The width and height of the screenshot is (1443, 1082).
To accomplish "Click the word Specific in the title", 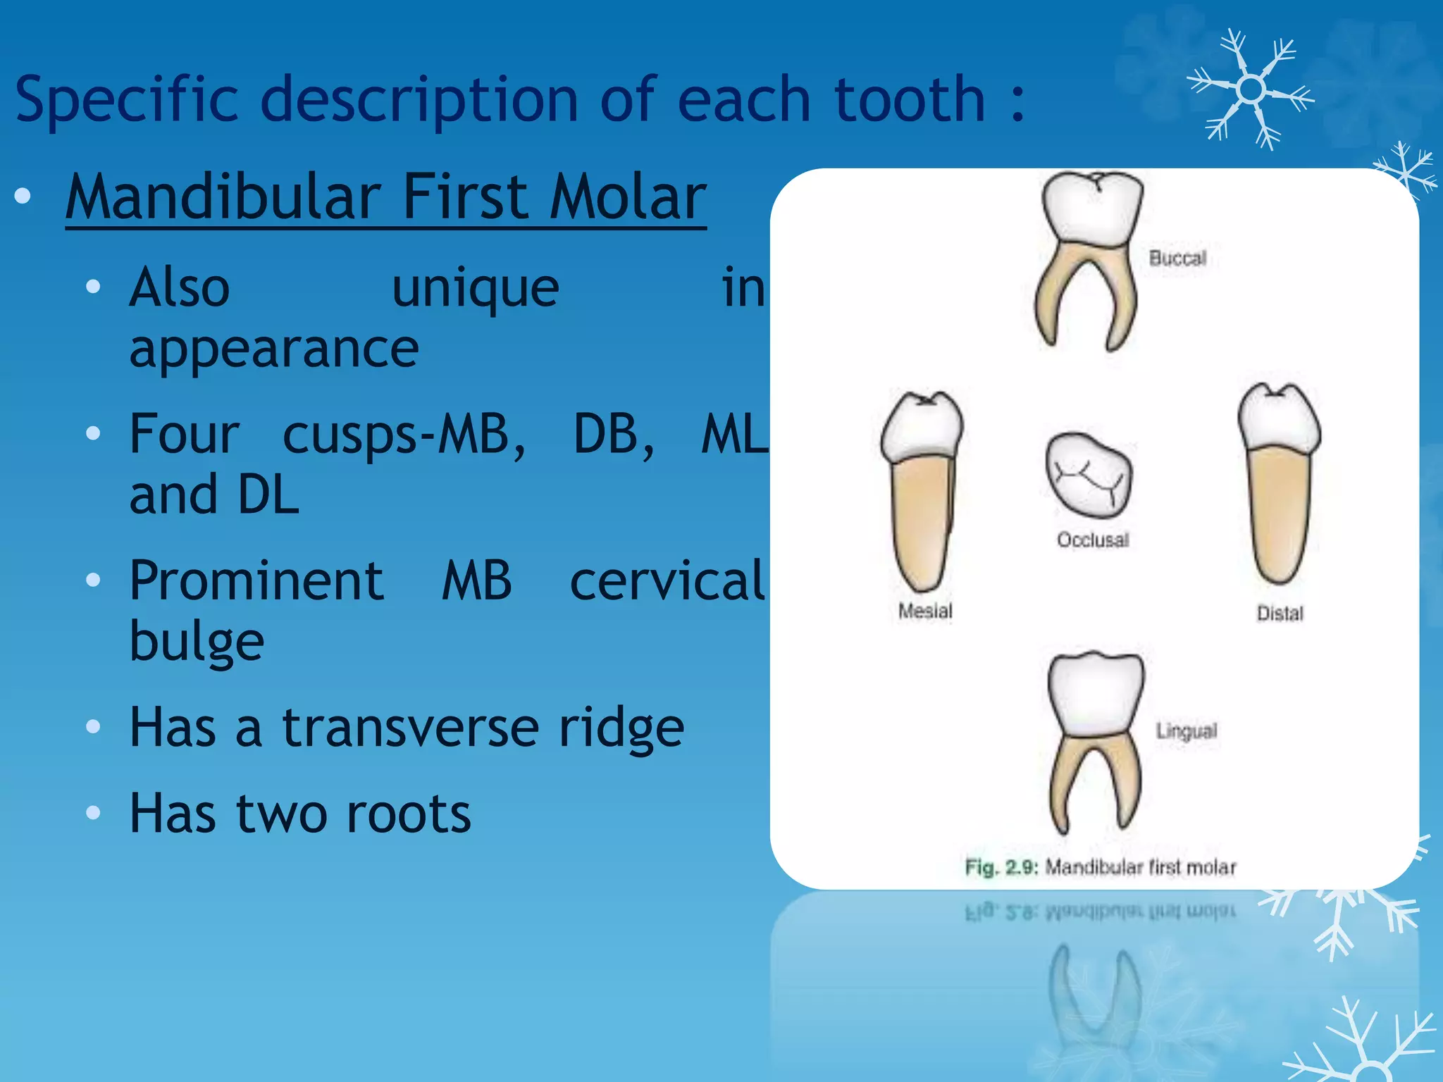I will tap(127, 101).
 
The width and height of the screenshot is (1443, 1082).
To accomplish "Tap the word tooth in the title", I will tap(909, 99).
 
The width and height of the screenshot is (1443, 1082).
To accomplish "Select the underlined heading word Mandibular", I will tap(223, 198).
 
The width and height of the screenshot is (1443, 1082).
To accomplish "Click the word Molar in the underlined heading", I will tap(628, 198).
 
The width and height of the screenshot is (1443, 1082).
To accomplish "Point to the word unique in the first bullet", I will tap(476, 288).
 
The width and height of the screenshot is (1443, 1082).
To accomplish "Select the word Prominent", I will tap(256, 581).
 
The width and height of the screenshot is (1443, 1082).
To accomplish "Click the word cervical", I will tap(667, 581).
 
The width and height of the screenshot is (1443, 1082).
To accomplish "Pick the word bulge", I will tap(197, 642).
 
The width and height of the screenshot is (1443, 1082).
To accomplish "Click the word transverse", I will tap(411, 728).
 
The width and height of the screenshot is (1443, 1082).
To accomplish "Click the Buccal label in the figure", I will tap(1177, 259).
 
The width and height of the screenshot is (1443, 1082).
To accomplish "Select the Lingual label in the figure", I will tap(1187, 731).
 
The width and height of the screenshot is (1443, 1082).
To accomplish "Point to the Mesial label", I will tap(925, 611).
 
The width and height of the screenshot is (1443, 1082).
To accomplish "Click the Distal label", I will tap(1280, 614).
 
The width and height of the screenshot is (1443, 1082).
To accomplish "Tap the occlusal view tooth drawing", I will tap(1089, 475).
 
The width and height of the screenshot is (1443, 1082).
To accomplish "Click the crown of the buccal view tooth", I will tap(1091, 209).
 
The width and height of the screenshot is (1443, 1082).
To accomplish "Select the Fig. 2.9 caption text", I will tap(1101, 867).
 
